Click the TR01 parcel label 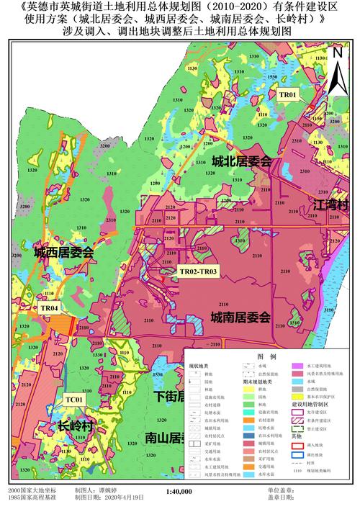288,94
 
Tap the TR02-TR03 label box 198,271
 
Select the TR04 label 50,308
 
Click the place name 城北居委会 241,163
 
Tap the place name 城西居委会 63,252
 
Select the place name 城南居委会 240,317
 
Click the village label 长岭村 76,427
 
